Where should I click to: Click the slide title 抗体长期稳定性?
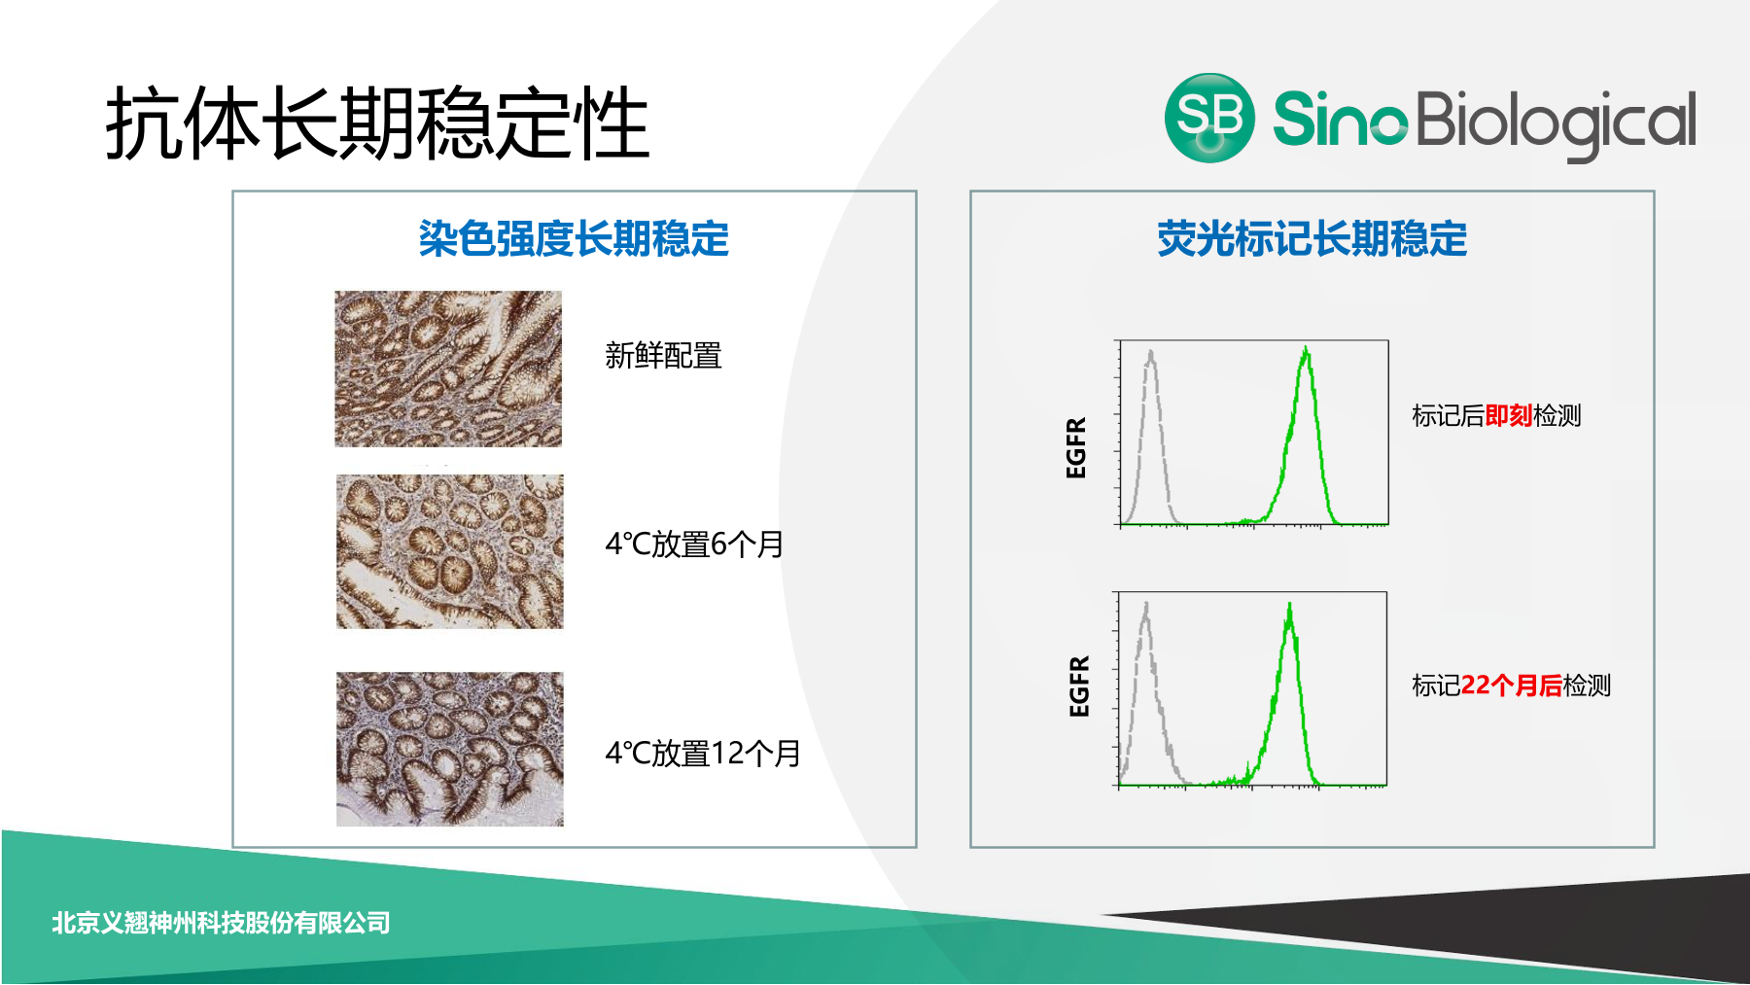[x=377, y=123]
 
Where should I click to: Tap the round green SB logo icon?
[x=1209, y=118]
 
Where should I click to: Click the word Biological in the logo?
[x=1557, y=124]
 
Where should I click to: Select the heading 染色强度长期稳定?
[x=574, y=238]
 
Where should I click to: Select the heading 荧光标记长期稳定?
[x=1312, y=238]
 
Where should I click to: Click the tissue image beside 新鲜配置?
[x=448, y=369]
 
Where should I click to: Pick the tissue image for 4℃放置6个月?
[x=449, y=551]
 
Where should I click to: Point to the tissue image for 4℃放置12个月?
[x=449, y=749]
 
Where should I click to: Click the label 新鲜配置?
[x=663, y=356]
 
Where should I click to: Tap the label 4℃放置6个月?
[x=694, y=545]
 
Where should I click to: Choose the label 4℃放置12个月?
[x=703, y=754]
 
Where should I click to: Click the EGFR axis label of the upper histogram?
[x=1076, y=447]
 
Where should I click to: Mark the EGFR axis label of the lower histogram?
[x=1079, y=686]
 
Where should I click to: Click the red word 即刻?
[x=1509, y=416]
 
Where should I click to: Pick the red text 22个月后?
[x=1511, y=686]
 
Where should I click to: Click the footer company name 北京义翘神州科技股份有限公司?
[x=221, y=923]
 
